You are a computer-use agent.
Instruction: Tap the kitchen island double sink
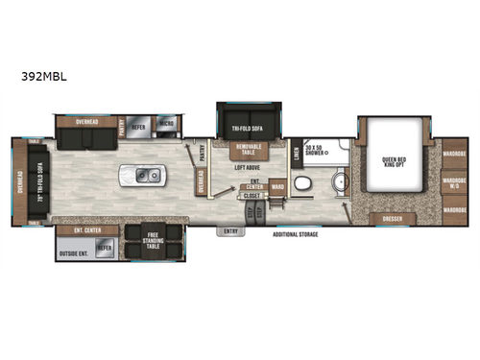coord(150,177)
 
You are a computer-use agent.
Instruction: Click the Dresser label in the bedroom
coord(392,219)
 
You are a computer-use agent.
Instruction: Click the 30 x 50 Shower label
coord(317,150)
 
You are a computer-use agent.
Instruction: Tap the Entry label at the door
coord(230,230)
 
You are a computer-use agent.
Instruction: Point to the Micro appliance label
coord(166,125)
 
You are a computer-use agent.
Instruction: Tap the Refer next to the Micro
coord(139,125)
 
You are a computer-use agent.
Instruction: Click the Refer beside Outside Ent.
coord(105,248)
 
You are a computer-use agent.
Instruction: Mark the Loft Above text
coord(249,167)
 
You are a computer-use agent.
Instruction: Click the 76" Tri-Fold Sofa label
coord(41,182)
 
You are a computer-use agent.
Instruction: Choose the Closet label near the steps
coord(251,196)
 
